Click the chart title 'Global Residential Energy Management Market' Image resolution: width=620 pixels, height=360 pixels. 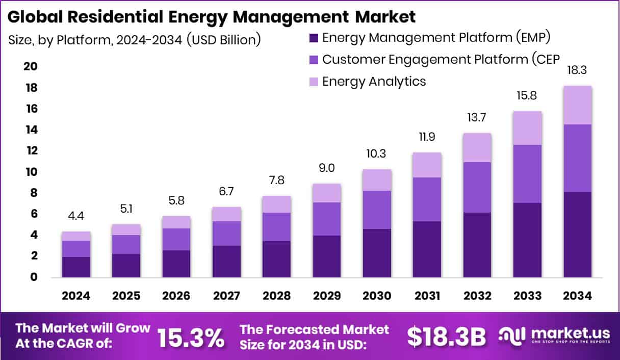pyautogui.click(x=212, y=17)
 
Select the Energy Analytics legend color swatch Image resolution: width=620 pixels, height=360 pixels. pyautogui.click(x=314, y=81)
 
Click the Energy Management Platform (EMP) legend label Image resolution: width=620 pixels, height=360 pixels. pyautogui.click(x=436, y=37)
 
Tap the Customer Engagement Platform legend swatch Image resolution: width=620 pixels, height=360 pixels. pyautogui.click(x=314, y=59)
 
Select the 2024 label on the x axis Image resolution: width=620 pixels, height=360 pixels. pyautogui.click(x=76, y=296)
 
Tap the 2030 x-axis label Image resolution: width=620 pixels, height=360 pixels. pyautogui.click(x=377, y=296)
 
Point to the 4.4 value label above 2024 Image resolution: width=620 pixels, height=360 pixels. pyautogui.click(x=76, y=216)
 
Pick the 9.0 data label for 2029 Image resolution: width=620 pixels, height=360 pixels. pyautogui.click(x=327, y=168)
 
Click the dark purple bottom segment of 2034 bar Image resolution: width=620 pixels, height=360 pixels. pyautogui.click(x=577, y=235)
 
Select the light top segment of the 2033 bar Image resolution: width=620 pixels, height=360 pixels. pyautogui.click(x=527, y=127)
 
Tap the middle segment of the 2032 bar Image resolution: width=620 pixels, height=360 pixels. pyautogui.click(x=477, y=187)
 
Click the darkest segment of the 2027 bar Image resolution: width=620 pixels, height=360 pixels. pyautogui.click(x=227, y=262)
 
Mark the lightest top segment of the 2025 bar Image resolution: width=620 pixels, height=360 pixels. pyautogui.click(x=126, y=229)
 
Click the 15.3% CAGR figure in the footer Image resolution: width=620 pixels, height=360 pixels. pyautogui.click(x=191, y=337)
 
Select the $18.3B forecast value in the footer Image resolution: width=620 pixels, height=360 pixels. pyautogui.click(x=447, y=337)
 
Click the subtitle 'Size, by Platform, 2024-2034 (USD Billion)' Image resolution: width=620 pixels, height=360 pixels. pyautogui.click(x=135, y=40)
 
